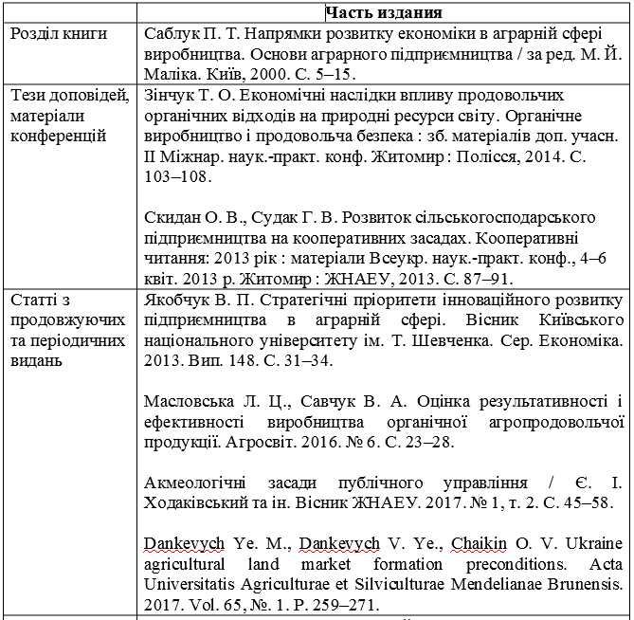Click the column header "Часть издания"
(383, 13)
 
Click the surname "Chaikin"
(479, 543)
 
